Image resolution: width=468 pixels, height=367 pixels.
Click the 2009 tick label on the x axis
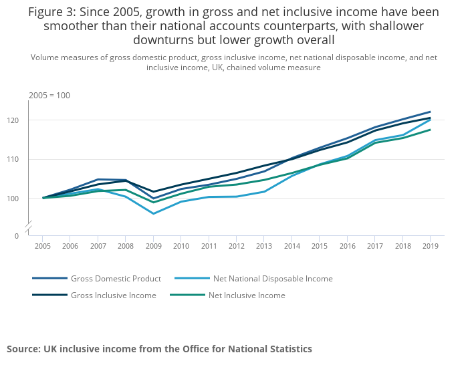(x=153, y=247)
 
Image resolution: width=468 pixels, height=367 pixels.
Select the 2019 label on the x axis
(x=429, y=247)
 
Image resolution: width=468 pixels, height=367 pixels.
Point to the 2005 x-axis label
(x=43, y=247)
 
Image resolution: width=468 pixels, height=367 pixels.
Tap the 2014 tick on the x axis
(x=291, y=247)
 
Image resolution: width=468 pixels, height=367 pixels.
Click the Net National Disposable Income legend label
(x=272, y=279)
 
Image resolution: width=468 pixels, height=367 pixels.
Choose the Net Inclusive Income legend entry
(x=247, y=295)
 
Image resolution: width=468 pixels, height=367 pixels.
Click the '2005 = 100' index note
(x=49, y=96)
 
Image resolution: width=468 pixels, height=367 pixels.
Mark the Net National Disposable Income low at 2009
(x=153, y=214)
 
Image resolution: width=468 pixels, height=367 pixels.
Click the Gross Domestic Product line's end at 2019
(x=430, y=112)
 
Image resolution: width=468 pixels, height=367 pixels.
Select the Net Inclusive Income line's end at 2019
(x=430, y=130)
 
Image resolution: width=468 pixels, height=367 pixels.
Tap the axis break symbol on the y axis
(x=29, y=229)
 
